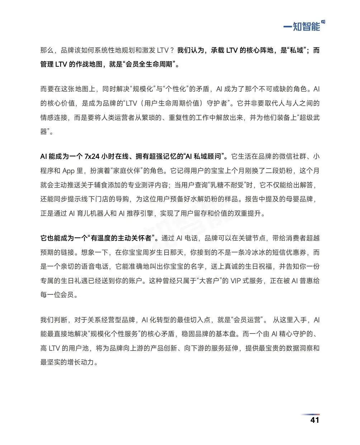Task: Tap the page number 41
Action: click(314, 420)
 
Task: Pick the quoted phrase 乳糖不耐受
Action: click(227, 185)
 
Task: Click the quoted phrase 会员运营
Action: click(247, 320)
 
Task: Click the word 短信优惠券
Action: click(289, 252)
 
